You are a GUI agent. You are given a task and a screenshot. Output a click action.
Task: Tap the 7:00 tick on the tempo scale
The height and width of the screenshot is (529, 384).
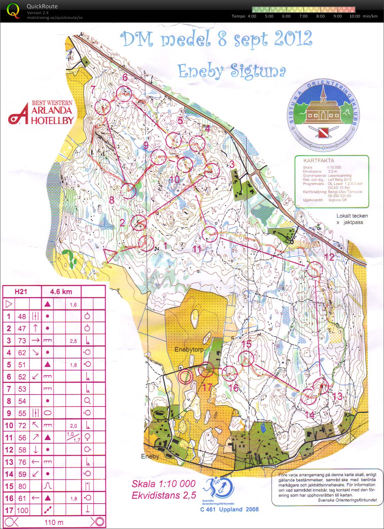click(303, 16)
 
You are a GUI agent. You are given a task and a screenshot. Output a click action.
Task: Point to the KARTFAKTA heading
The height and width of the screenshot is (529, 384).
click(319, 160)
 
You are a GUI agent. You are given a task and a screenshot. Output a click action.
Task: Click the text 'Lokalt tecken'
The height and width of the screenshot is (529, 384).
click(352, 216)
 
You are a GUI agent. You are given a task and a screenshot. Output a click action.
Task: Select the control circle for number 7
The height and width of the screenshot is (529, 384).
click(102, 107)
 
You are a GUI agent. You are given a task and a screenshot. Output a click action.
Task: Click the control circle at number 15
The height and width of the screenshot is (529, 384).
click(246, 358)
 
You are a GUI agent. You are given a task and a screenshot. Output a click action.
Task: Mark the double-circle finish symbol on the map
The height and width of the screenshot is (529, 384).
click(185, 377)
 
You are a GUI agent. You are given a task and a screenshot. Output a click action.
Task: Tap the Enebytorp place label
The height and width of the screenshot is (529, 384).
click(189, 350)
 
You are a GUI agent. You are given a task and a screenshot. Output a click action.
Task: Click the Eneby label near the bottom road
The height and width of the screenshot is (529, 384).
click(150, 456)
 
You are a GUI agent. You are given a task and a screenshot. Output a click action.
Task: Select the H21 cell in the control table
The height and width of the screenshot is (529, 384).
click(21, 292)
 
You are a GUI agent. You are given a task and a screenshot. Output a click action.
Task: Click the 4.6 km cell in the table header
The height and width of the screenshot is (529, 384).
click(61, 292)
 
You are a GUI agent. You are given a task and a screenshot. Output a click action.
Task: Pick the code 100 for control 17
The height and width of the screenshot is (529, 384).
click(22, 510)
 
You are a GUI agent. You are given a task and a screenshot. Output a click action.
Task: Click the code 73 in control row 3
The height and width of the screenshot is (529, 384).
click(22, 340)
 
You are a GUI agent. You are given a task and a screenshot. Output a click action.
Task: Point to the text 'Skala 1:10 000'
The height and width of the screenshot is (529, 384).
click(163, 484)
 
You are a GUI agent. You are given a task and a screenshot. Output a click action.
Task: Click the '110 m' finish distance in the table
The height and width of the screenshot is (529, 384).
click(54, 522)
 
